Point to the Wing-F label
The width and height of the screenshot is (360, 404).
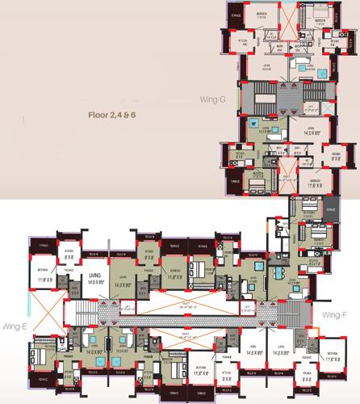click(x=333, y=314)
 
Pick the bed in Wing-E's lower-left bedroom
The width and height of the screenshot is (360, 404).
click(x=38, y=353)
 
